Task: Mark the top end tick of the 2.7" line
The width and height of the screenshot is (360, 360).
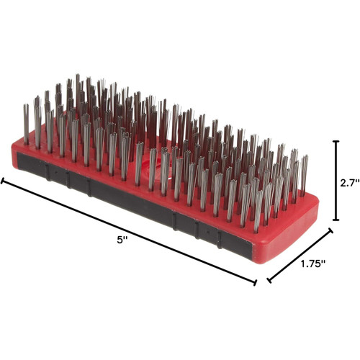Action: click(336, 141)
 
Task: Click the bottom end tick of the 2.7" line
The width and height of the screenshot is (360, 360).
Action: click(336, 220)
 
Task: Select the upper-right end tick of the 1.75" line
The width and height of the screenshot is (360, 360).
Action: click(332, 230)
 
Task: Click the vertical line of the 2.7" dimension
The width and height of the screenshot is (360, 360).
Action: click(336, 180)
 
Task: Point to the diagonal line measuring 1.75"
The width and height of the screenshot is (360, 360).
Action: click(300, 256)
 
